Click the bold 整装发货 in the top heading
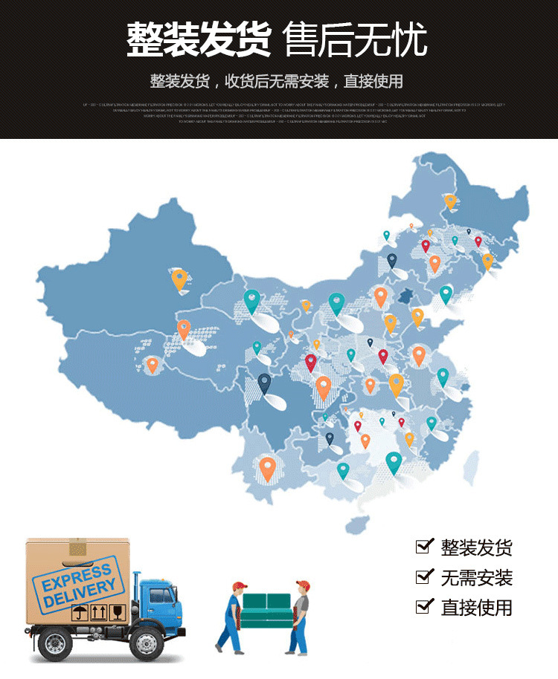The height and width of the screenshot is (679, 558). coord(199,38)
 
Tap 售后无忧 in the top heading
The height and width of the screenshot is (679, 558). coord(356,38)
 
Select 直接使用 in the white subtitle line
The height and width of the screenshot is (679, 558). coord(373,81)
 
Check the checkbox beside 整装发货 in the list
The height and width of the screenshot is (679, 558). coord(423,547)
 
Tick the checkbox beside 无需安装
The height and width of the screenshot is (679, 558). coord(423,576)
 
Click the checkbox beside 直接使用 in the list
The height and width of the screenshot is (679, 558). coord(423,606)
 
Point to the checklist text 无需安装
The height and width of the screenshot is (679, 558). coord(476,578)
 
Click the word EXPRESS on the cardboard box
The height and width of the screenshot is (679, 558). coord(76,574)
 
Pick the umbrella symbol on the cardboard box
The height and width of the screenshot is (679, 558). coord(78,614)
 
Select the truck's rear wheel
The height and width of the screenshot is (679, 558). coord(55,643)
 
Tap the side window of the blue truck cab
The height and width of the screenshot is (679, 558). coord(161,595)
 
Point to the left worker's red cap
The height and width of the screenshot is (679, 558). coord(238,585)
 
